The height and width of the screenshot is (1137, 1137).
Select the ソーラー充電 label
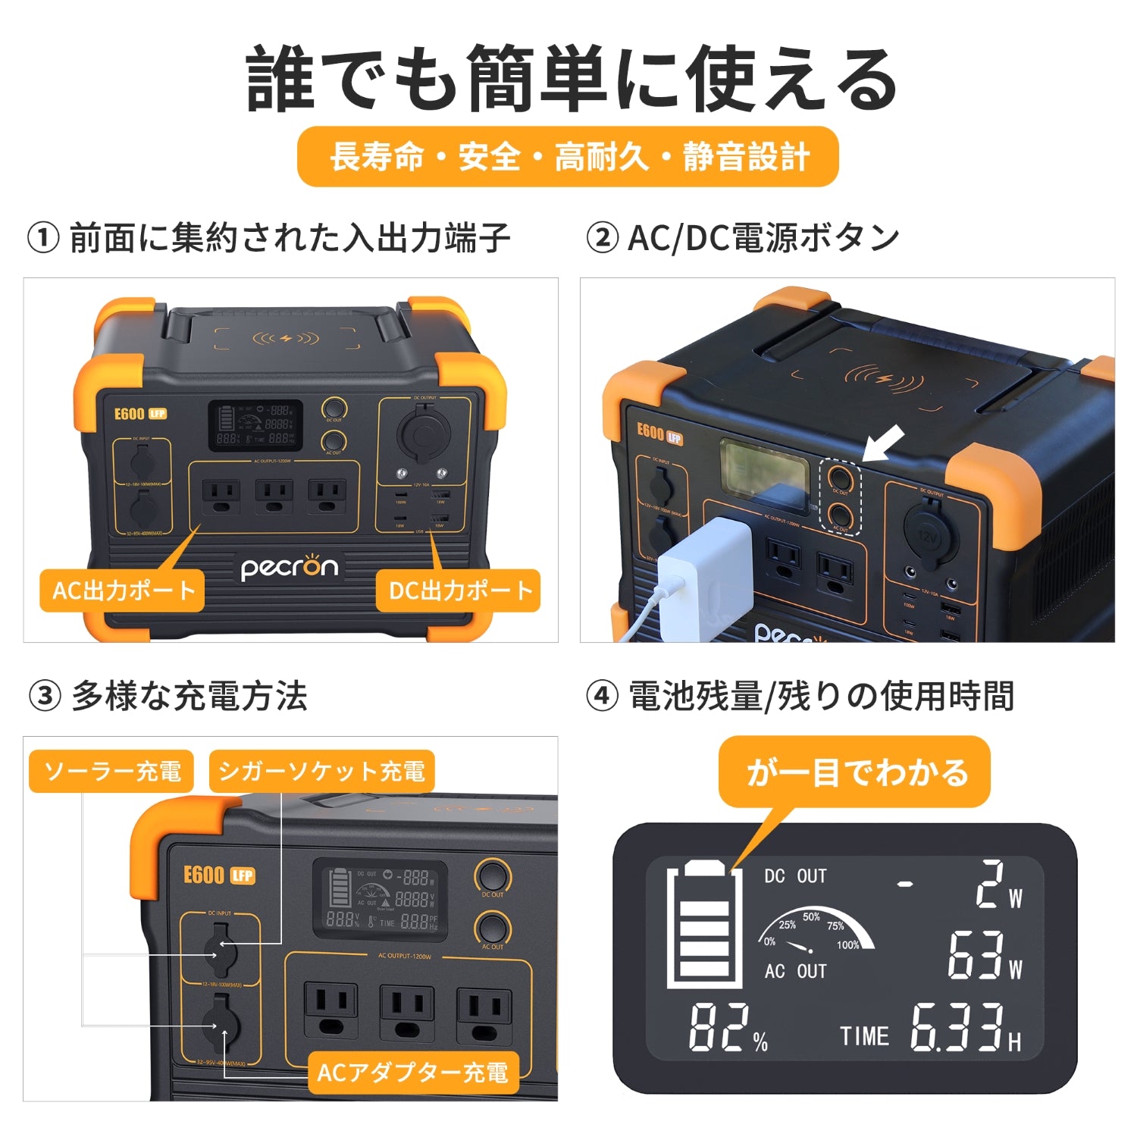[111, 772]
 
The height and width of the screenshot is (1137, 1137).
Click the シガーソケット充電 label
[321, 772]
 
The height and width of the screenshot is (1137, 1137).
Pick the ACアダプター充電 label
[412, 1072]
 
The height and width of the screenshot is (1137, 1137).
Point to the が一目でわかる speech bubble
[855, 772]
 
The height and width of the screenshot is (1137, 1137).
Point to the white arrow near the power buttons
[885, 442]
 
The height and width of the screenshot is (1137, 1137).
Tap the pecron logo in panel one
[290, 568]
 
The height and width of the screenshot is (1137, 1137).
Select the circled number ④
[602, 696]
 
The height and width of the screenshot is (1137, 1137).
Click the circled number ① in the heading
[43, 238]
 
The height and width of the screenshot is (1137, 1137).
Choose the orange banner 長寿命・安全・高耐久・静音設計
[568, 157]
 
